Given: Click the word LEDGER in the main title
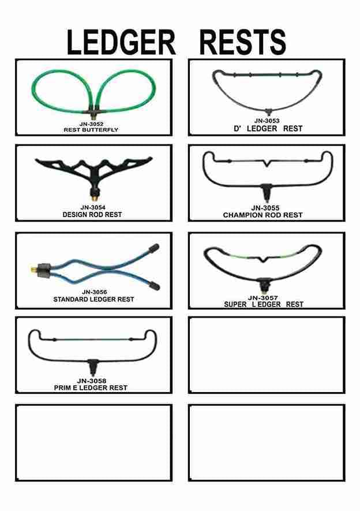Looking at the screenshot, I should [x=121, y=42].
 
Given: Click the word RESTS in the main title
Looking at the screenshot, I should [x=242, y=42].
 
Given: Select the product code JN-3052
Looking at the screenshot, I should [x=91, y=124].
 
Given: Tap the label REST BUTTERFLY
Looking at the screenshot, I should [x=91, y=130].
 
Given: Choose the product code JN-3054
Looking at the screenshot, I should [x=92, y=207].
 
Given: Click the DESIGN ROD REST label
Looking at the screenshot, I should [x=92, y=215].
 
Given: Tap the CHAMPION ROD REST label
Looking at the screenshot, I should [x=263, y=215].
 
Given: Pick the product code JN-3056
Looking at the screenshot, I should [x=94, y=292].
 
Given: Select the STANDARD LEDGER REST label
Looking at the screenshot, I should [x=93, y=300].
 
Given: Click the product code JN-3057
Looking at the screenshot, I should [x=263, y=297].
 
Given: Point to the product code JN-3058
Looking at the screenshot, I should [x=92, y=381].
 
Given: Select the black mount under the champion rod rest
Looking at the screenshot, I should [x=267, y=189].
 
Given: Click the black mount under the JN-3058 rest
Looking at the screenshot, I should [x=92, y=365].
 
